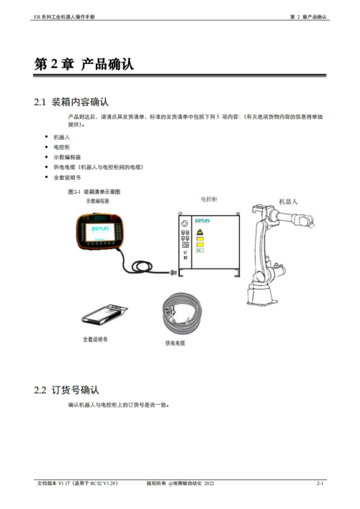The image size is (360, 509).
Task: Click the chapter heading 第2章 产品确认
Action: (x=84, y=64)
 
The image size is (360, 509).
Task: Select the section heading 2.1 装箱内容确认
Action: (x=71, y=102)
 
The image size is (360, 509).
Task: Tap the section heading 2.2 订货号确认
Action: (x=66, y=390)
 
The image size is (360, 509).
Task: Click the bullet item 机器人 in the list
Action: (x=62, y=138)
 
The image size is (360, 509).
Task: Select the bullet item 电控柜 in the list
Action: (x=62, y=147)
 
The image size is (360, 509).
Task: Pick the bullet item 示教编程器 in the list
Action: (x=67, y=157)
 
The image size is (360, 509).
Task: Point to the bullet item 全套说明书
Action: (x=67, y=178)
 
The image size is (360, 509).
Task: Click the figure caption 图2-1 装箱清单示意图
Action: (x=94, y=192)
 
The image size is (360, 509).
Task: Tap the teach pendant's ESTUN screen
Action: (x=100, y=231)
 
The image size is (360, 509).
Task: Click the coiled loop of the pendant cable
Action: (x=142, y=266)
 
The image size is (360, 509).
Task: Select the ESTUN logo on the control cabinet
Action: (x=202, y=221)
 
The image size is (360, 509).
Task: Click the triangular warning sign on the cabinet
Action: (x=199, y=232)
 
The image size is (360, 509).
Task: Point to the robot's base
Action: (x=261, y=294)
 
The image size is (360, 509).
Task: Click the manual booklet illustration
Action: (x=104, y=315)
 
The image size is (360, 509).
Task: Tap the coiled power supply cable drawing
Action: (x=182, y=312)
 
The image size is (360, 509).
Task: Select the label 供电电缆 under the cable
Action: (x=175, y=343)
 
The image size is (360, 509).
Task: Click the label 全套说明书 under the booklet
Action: (x=95, y=339)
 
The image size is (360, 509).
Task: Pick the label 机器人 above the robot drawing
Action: (x=288, y=202)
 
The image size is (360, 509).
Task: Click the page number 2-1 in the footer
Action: (x=320, y=483)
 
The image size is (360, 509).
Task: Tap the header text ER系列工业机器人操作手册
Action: (x=64, y=17)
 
